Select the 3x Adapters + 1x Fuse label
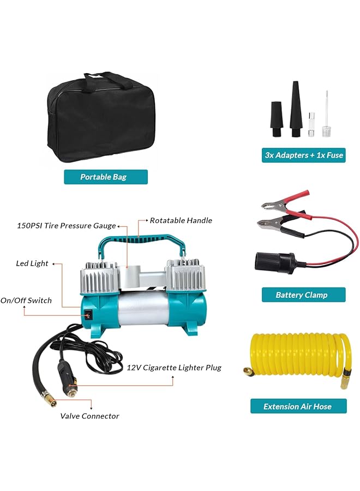pyautogui.click(x=304, y=155)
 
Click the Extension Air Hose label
pyautogui.click(x=298, y=406)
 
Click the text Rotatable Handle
pyautogui.click(x=181, y=220)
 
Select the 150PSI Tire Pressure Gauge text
pyautogui.click(x=66, y=225)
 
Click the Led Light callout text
pyautogui.click(x=32, y=264)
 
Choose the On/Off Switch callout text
pyautogui.click(x=26, y=300)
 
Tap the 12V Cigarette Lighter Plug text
pyautogui.click(x=174, y=367)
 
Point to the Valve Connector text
pyautogui.click(x=89, y=416)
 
